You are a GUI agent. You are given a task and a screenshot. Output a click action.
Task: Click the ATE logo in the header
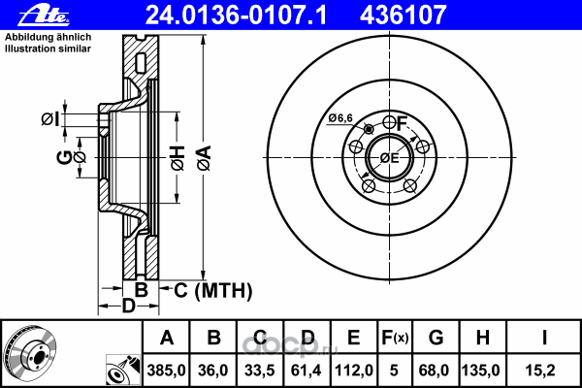click(x=44, y=16)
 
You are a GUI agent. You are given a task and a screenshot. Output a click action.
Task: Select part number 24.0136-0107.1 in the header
click(x=236, y=16)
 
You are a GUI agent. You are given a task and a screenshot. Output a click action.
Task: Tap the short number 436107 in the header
click(x=403, y=16)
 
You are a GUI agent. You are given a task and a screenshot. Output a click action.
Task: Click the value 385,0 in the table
click(x=166, y=371)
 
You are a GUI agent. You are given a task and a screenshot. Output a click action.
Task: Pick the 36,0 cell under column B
click(x=213, y=371)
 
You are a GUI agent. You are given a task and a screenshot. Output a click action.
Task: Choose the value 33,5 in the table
click(x=260, y=371)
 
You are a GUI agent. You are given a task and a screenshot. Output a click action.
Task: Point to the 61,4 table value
click(x=307, y=371)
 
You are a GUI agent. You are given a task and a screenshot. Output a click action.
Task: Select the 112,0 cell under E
click(x=354, y=371)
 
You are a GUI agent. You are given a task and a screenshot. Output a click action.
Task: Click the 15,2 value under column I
click(x=540, y=371)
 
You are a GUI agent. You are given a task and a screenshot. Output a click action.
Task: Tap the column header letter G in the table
click(x=436, y=338)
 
